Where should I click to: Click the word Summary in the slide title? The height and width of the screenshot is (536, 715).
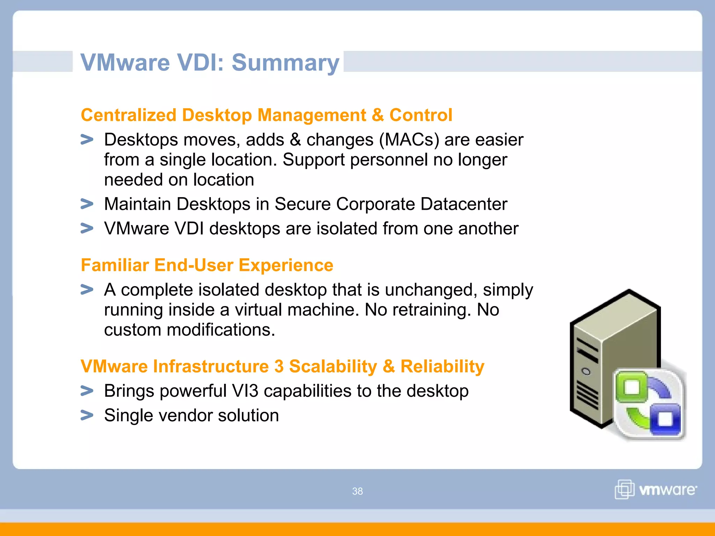[x=285, y=63]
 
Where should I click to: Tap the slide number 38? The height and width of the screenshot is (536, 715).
[x=357, y=491]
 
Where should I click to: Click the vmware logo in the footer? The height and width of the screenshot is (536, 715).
[x=656, y=489]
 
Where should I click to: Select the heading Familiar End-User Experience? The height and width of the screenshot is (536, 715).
[x=207, y=265]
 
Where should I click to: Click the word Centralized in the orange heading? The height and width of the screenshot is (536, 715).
[x=128, y=115]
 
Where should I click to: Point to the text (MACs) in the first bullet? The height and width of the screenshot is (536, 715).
[x=409, y=140]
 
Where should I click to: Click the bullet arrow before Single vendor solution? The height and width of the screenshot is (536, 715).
[x=87, y=415]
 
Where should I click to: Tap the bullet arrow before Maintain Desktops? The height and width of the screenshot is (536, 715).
[x=87, y=204]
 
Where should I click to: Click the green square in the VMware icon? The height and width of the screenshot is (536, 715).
[x=632, y=387]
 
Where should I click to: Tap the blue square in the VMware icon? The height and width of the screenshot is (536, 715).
[x=666, y=419]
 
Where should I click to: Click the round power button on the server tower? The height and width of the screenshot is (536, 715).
[x=586, y=371]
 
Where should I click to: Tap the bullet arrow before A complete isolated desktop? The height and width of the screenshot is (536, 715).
[x=87, y=290]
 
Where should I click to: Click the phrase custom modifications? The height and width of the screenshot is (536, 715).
[x=189, y=330]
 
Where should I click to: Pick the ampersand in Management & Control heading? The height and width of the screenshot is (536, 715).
[x=377, y=115]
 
